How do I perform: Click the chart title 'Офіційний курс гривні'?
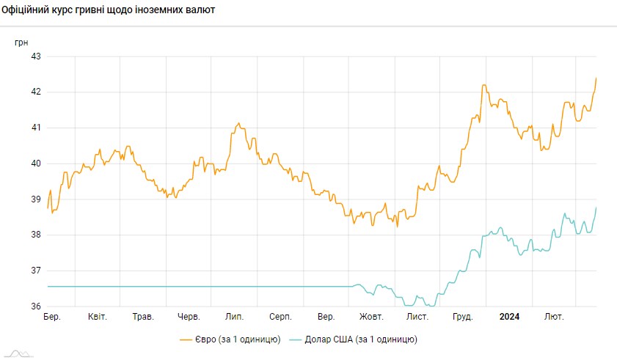click(109, 12)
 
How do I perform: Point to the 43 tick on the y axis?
click(34, 56)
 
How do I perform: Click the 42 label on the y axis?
click(34, 92)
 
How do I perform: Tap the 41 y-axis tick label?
click(34, 128)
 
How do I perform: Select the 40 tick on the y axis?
click(34, 164)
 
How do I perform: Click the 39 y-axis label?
click(34, 199)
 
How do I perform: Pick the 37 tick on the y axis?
click(34, 271)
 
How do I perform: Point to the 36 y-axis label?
click(34, 306)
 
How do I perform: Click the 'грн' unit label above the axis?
click(22, 43)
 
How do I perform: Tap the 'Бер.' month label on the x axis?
click(52, 317)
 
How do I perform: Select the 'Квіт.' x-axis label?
click(98, 317)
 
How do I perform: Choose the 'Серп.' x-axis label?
click(280, 317)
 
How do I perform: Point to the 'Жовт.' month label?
click(371, 317)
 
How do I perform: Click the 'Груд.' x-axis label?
click(463, 317)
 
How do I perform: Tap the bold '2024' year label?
click(509, 317)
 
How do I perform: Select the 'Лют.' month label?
click(554, 317)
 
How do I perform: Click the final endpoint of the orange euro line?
click(596, 78)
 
